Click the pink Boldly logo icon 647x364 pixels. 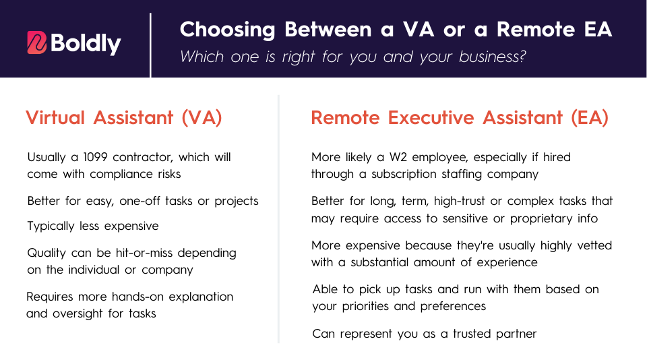pos(36,42)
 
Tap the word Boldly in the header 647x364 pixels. pos(86,43)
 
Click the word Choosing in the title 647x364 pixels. pos(227,30)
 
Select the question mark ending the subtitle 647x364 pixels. pos(523,56)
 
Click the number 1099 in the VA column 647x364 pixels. pos(95,157)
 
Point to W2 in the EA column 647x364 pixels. pos(398,157)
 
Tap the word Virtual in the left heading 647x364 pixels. pos(55,117)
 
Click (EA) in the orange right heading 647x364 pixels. pos(590,117)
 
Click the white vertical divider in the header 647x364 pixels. pos(150,45)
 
